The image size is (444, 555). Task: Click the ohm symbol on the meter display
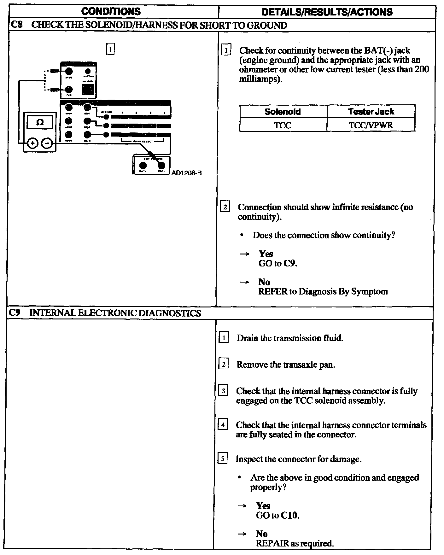tap(40, 122)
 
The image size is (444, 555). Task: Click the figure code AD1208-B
tap(186, 173)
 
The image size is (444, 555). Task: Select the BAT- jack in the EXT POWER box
tap(161, 166)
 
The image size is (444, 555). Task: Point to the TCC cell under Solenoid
tap(283, 125)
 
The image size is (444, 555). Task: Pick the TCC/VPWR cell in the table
tap(371, 125)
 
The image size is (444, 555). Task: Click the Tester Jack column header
tap(371, 112)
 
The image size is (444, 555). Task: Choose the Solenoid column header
tap(283, 112)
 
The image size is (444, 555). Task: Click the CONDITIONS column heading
tap(111, 12)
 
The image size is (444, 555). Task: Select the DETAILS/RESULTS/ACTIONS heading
tap(327, 12)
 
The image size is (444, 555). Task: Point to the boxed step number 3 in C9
tap(223, 391)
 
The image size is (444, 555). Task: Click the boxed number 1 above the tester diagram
tap(110, 50)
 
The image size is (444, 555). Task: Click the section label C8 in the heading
tap(16, 25)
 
